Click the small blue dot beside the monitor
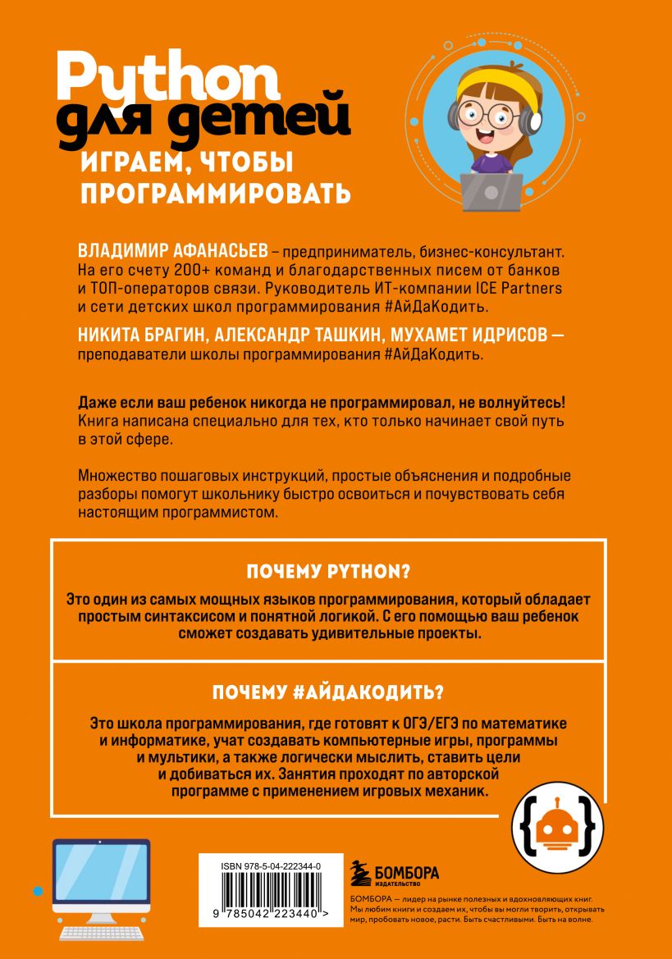(x=37, y=889)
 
